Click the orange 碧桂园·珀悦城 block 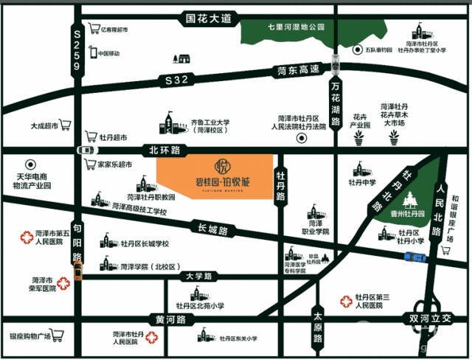point(215,177)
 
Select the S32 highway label point(178,79)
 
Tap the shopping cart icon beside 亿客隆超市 point(94,29)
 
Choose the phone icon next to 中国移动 point(93,53)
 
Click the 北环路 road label point(164,148)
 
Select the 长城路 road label point(212,230)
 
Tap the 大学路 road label point(198,276)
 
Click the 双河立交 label point(434,319)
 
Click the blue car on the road point(414,257)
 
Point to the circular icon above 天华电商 point(30,164)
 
